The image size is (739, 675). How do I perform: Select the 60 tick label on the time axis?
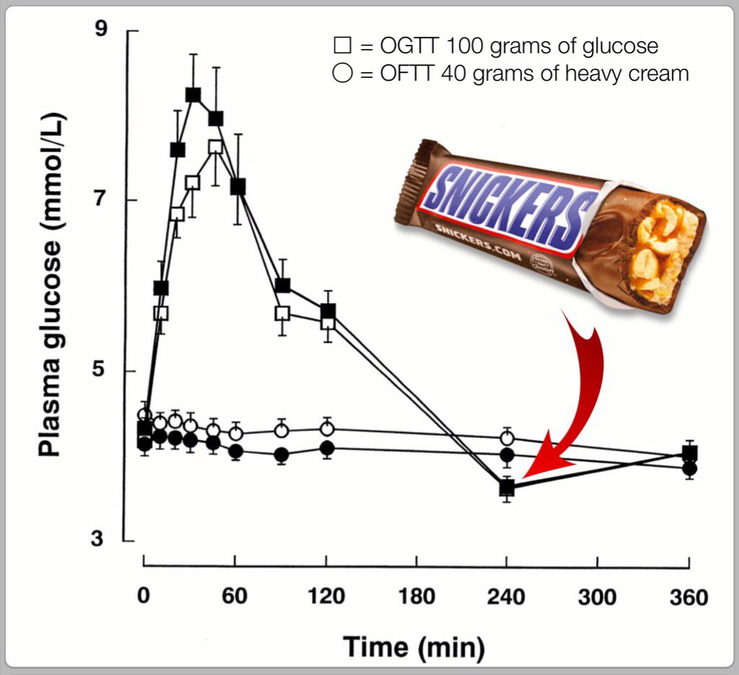click(235, 596)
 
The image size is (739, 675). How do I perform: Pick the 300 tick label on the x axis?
click(598, 596)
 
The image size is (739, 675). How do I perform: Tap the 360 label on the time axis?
click(688, 596)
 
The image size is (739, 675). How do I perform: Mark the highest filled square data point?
click(193, 95)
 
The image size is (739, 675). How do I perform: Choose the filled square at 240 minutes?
click(507, 488)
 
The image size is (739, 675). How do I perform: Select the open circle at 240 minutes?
click(507, 438)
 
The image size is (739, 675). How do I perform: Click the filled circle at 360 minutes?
click(689, 468)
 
